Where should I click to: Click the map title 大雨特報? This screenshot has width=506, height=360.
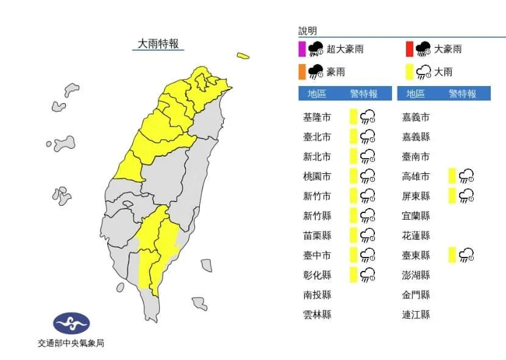click(x=159, y=44)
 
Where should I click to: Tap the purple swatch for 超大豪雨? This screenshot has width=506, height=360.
click(x=301, y=49)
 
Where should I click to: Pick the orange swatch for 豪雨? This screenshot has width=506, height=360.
click(x=301, y=72)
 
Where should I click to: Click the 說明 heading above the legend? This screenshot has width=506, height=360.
click(x=308, y=31)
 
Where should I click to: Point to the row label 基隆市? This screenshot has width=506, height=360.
click(x=317, y=117)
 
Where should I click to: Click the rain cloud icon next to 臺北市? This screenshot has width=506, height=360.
click(x=368, y=137)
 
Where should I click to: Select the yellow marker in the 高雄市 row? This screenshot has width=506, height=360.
click(x=452, y=176)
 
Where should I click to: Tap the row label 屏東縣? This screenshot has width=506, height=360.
click(x=416, y=196)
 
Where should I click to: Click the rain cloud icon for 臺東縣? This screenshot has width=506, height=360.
click(x=466, y=255)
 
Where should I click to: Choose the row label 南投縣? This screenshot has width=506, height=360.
click(x=317, y=295)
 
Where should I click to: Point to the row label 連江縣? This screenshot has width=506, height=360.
click(x=416, y=314)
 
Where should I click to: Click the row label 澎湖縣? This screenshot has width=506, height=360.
click(x=416, y=275)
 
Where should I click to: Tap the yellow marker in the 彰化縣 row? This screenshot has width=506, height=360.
click(x=353, y=275)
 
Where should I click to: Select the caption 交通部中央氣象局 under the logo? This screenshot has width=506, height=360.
click(x=71, y=344)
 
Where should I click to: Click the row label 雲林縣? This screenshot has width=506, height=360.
click(x=317, y=314)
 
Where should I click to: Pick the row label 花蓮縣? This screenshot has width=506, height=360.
click(x=416, y=236)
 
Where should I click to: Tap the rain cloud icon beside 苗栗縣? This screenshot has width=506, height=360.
click(x=368, y=236)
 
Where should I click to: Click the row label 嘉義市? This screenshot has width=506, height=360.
click(x=416, y=117)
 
